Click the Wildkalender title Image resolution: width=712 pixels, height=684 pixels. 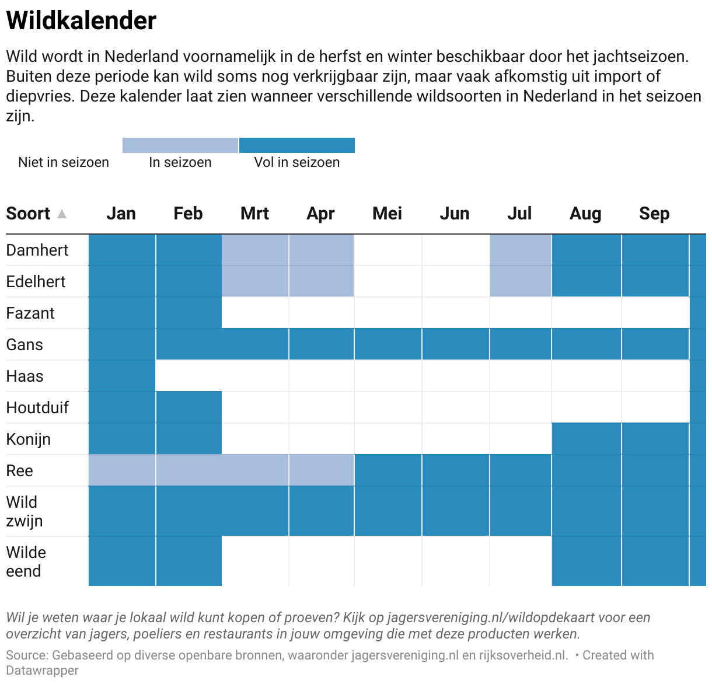click(x=81, y=21)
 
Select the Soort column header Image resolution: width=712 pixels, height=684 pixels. click(x=28, y=214)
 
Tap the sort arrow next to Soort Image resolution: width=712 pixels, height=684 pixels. click(x=62, y=214)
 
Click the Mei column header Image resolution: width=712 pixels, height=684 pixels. click(x=387, y=214)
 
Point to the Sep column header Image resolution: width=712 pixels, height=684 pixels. click(x=654, y=214)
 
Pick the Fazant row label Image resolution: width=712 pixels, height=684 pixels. click(x=30, y=313)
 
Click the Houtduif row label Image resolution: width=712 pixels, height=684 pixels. click(x=37, y=407)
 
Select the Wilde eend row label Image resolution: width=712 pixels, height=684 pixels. click(x=26, y=561)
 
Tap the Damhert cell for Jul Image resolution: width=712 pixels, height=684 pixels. click(x=521, y=250)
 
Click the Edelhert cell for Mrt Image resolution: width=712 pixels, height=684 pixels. click(x=255, y=281)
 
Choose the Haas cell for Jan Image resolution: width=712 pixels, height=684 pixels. click(x=122, y=376)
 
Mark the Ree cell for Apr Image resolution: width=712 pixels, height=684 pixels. click(x=322, y=470)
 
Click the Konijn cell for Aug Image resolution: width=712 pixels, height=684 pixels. click(x=586, y=439)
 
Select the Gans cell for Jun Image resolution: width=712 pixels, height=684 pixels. click(x=455, y=344)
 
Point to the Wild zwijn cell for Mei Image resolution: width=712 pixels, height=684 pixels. click(x=388, y=511)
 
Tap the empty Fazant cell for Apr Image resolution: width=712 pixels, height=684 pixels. click(x=322, y=313)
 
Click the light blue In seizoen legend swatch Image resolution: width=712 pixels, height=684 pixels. click(x=180, y=145)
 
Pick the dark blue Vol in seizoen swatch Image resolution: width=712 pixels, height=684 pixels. click(x=296, y=145)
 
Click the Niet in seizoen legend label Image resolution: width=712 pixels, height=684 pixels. click(x=64, y=162)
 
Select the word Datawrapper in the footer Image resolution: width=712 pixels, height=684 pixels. click(x=42, y=671)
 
